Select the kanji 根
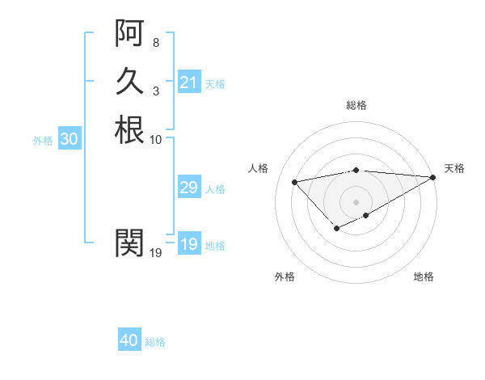click(x=129, y=129)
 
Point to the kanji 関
click(x=129, y=242)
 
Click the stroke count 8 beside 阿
click(x=155, y=42)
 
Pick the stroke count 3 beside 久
click(x=155, y=91)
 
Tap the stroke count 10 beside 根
click(x=156, y=139)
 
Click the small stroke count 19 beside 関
click(x=156, y=252)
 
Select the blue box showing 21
click(x=188, y=82)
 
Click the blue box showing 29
click(x=188, y=188)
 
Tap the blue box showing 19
click(x=188, y=244)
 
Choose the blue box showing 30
click(x=69, y=139)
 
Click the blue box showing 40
click(x=129, y=340)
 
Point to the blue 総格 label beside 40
click(x=155, y=342)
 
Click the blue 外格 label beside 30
click(x=43, y=140)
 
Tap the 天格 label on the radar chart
click(x=454, y=168)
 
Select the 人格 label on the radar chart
click(x=258, y=168)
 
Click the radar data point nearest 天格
click(x=433, y=177)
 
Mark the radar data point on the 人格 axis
click(x=294, y=181)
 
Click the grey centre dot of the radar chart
click(x=356, y=201)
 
